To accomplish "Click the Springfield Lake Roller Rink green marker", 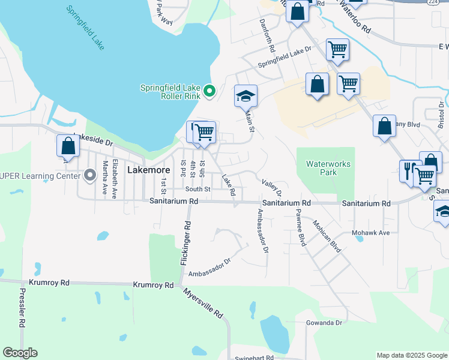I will click(209, 91).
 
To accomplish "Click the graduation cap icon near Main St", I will click(245, 96).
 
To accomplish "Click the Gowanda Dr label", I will click(323, 322).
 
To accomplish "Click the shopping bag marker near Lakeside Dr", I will click(68, 146).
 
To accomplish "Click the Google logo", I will click(20, 353).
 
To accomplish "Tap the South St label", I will click(198, 190).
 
